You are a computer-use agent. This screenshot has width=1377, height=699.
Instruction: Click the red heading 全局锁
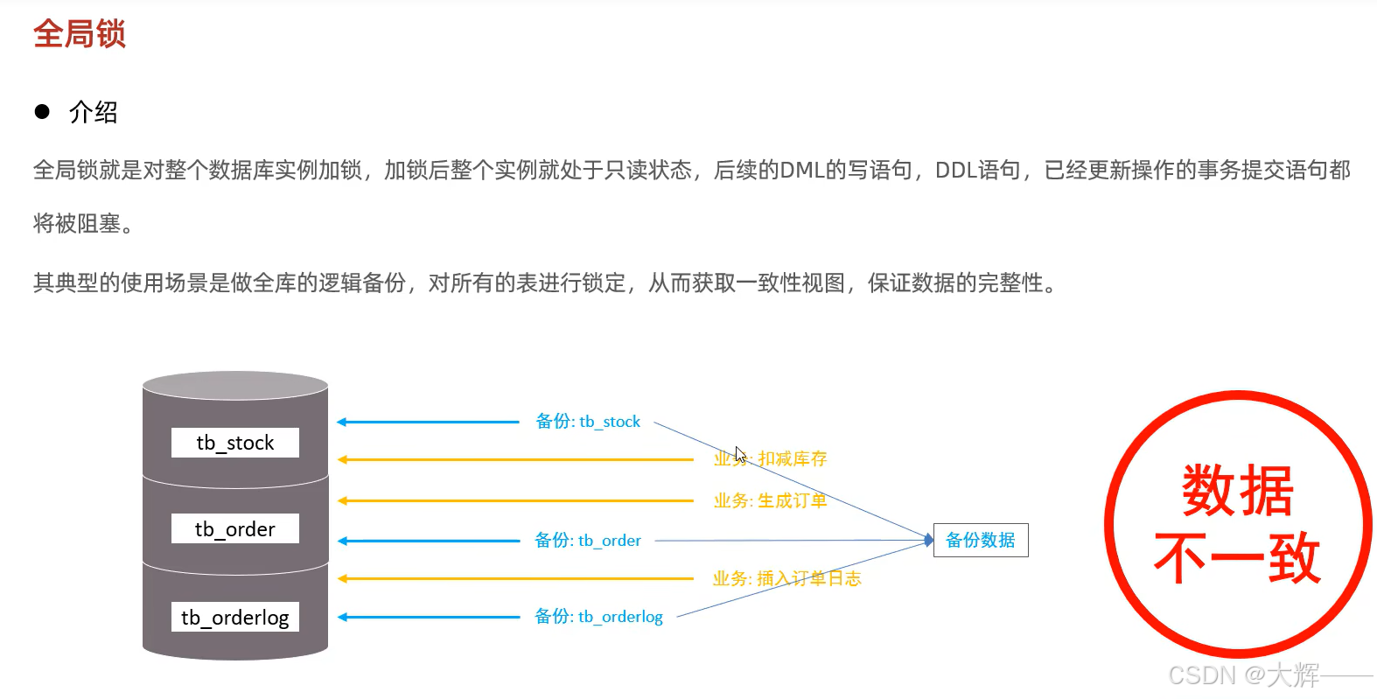click(80, 34)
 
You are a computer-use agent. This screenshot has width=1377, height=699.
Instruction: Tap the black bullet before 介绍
click(42, 111)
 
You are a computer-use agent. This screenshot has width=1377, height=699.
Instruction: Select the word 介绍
click(94, 112)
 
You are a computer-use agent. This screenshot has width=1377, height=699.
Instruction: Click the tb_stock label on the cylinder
click(234, 443)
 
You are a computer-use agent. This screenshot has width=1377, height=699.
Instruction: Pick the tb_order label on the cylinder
click(234, 529)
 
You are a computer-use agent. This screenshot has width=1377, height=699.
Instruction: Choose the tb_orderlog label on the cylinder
click(234, 617)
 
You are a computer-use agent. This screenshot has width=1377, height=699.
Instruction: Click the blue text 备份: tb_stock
click(588, 422)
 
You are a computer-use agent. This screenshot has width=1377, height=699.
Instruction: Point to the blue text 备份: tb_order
click(588, 541)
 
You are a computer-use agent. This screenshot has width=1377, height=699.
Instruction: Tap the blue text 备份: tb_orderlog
click(598, 617)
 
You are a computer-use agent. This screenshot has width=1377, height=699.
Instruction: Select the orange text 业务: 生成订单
click(770, 500)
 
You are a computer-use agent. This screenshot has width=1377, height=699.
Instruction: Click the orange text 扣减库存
click(793, 458)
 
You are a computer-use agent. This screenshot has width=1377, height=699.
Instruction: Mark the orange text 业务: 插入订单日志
click(786, 578)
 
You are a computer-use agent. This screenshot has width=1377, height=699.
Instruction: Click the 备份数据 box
click(981, 540)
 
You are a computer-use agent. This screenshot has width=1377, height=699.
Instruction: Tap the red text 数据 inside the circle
click(1237, 491)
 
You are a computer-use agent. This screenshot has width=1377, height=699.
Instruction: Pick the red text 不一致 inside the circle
click(1237, 558)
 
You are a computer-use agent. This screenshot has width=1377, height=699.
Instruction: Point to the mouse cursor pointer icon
click(740, 455)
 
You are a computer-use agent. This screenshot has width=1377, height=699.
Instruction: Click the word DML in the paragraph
click(802, 170)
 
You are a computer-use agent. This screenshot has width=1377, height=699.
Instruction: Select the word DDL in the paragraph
click(955, 170)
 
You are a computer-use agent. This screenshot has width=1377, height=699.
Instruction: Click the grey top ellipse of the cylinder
click(235, 386)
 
